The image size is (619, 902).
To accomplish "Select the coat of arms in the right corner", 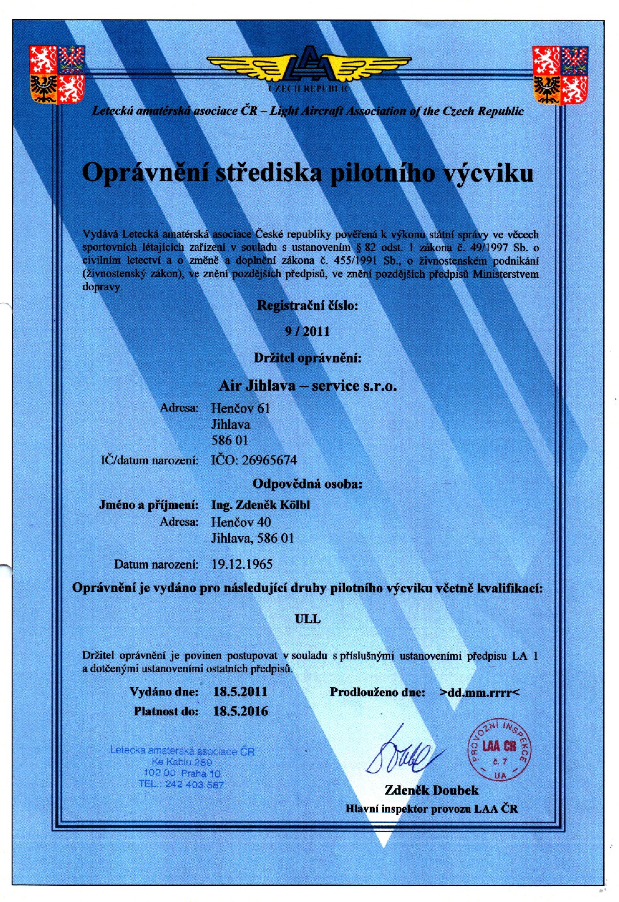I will pos(560,75).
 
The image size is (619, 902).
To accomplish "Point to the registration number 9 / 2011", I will pos(307,331).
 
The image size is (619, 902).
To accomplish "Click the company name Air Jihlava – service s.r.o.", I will pos(307,386).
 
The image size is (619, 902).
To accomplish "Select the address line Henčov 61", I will pos(240,408).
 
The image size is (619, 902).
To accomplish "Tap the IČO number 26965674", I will pos(269,460).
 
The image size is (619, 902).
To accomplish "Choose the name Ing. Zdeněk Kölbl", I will pos(261,505).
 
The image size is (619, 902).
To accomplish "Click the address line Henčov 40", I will pos(241,522).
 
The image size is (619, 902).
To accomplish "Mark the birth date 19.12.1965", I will pos(242,564).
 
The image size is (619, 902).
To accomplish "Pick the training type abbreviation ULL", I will pos(307,619).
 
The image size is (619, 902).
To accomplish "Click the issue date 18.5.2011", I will pos(240,692).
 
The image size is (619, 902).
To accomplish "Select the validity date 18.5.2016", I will pos(240,712).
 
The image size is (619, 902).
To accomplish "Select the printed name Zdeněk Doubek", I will pos(431,790).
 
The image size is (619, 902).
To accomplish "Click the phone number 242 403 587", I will pos(194,785).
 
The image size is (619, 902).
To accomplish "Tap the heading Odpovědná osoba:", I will pos(307,484).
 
